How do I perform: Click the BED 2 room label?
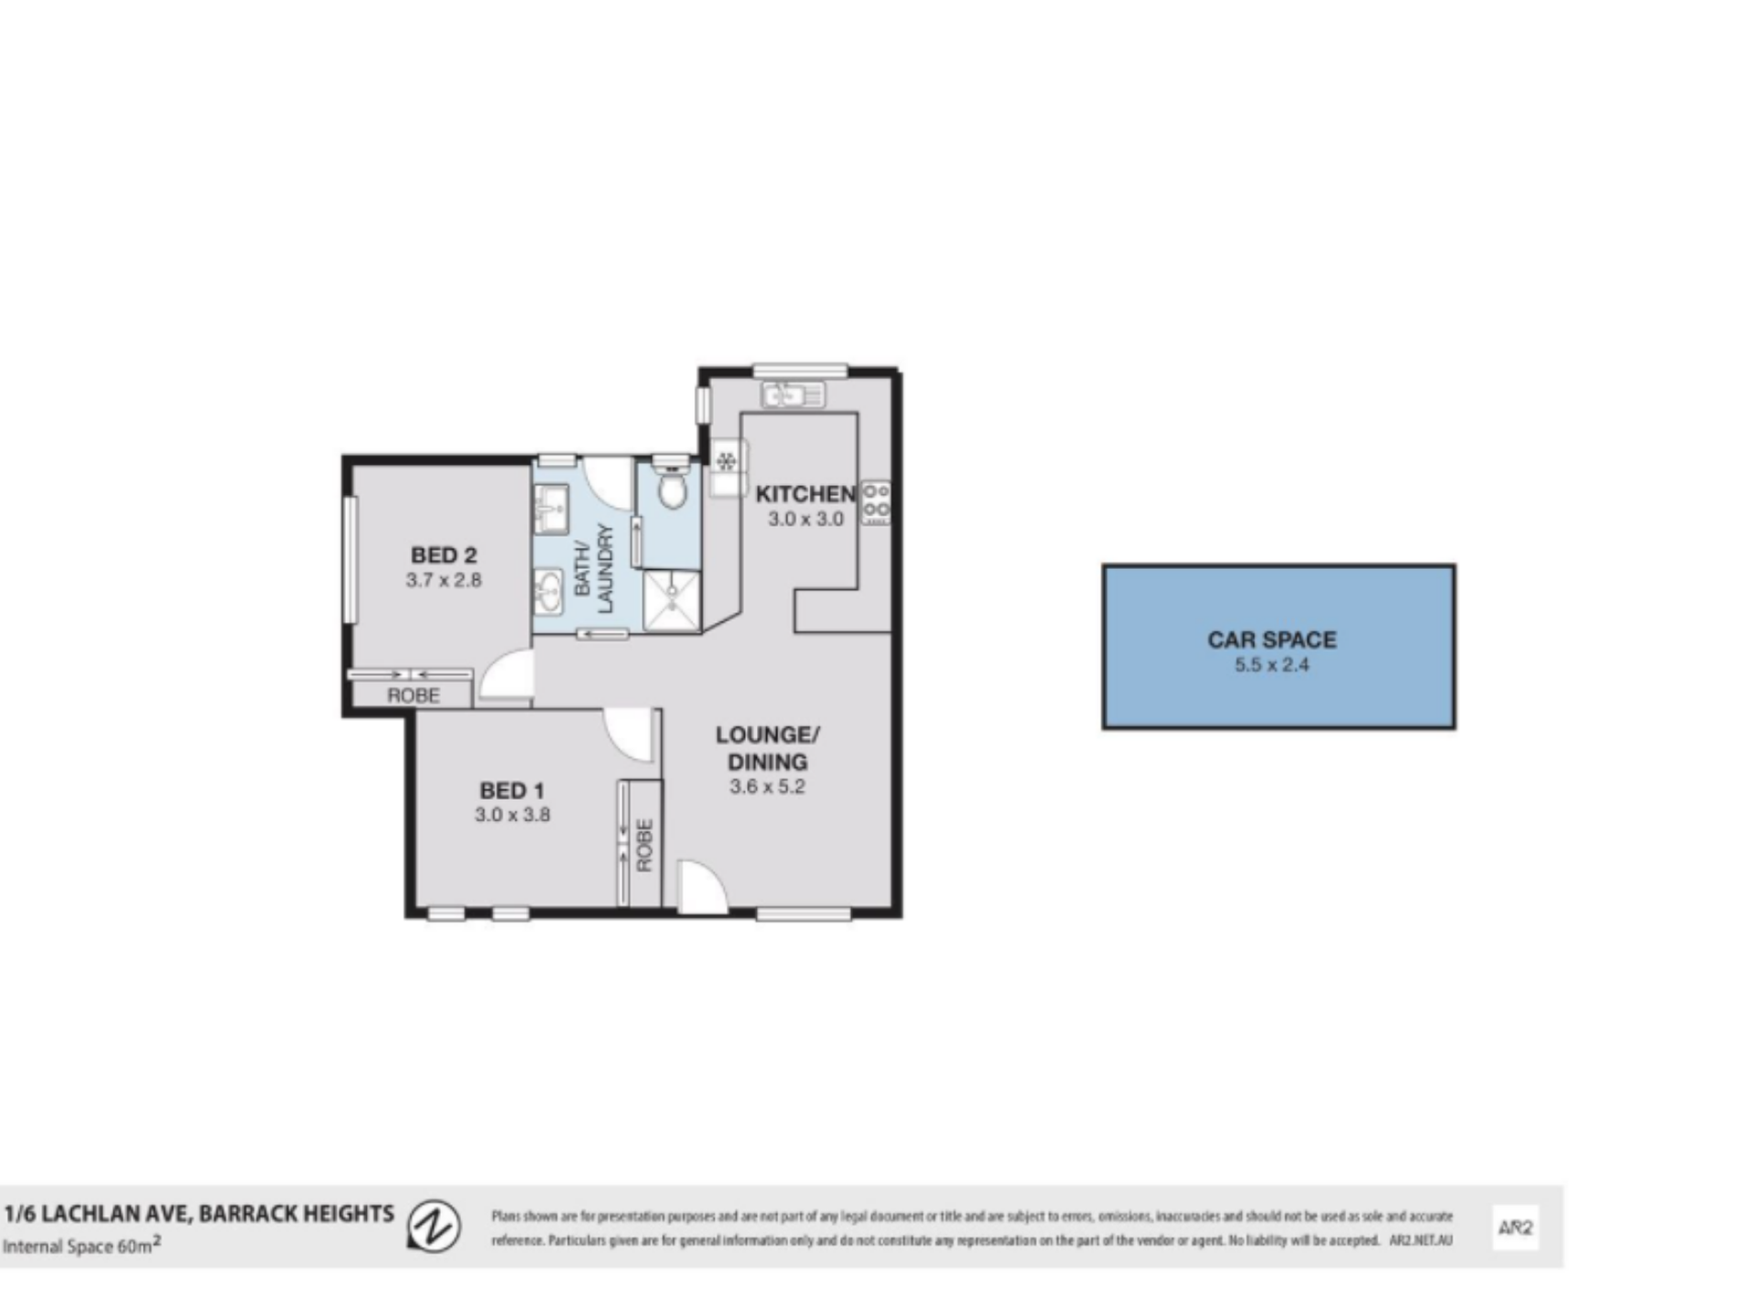pos(444,555)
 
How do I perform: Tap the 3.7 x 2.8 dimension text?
pos(444,579)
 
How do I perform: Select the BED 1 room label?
pos(513,790)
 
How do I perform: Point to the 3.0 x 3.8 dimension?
pos(513,814)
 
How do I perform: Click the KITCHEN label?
pos(805,494)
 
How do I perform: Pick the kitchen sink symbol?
pos(793,395)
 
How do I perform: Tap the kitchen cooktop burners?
pos(876,503)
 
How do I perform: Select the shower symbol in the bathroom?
pos(672,601)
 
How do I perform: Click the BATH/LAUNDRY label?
pos(594,567)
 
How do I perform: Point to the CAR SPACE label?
pos(1272,640)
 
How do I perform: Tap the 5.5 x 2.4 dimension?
pos(1272,665)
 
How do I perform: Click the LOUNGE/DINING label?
pos(768,748)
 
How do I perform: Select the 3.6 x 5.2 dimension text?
pos(768,786)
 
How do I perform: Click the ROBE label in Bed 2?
pos(414,695)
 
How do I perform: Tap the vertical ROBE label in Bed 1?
pos(644,845)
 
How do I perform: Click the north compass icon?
pos(434,1226)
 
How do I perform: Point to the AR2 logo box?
pos(1515,1228)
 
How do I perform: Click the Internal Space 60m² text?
pos(81,1246)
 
